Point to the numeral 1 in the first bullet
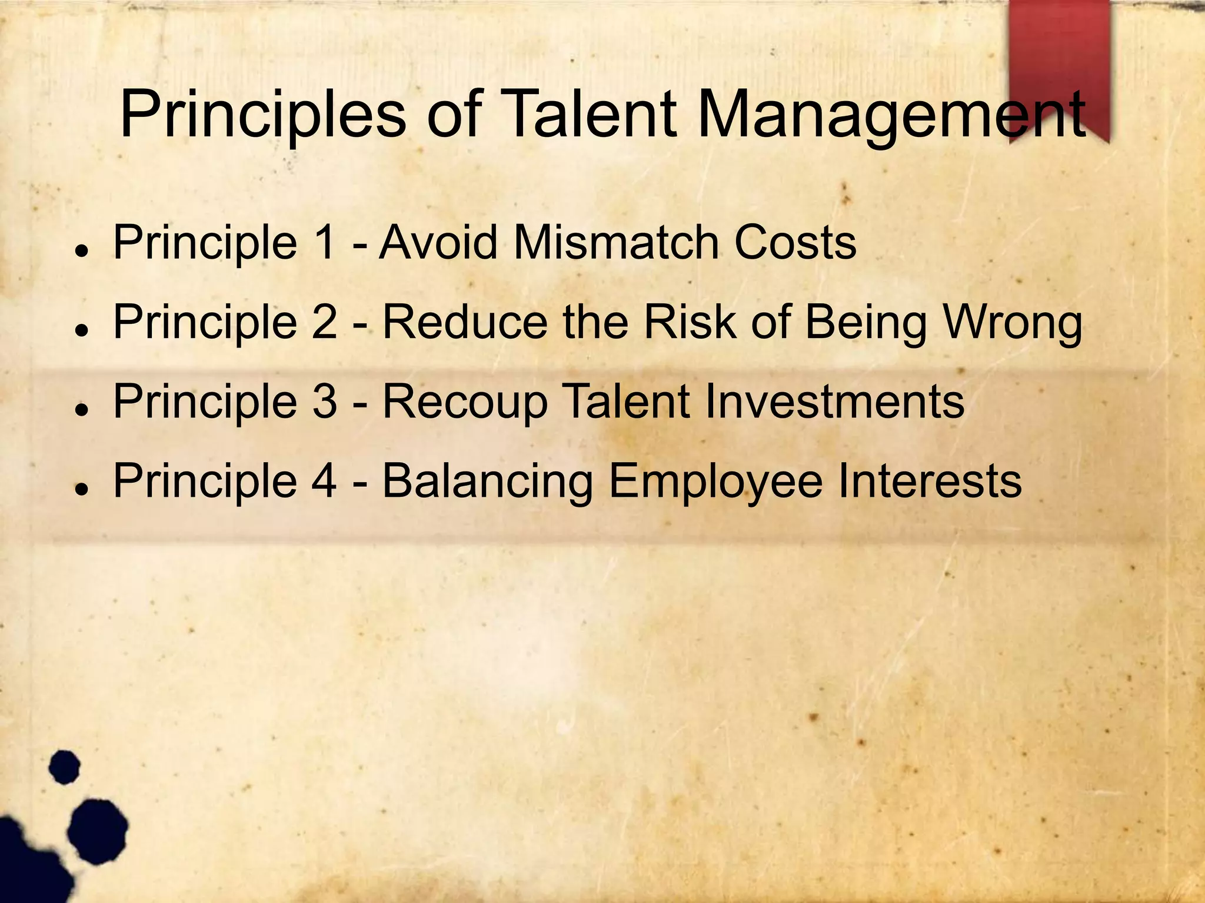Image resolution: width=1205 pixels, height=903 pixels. coord(325,242)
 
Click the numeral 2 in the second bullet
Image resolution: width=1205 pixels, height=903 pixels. coord(325,322)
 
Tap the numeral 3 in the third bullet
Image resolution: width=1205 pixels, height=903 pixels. coord(325,401)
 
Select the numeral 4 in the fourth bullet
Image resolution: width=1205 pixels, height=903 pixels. coord(324,480)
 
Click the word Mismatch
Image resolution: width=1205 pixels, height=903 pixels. coord(616,242)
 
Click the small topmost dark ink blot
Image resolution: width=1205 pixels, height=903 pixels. coord(64,767)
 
